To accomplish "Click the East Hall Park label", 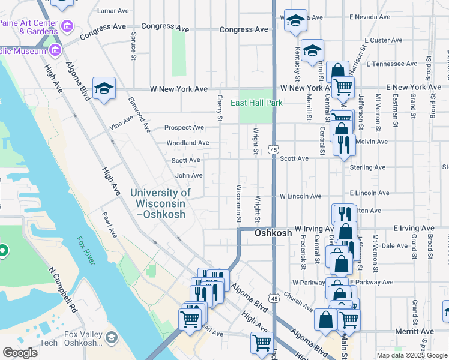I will coord(257,103).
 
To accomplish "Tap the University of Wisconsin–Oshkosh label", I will coord(160,203).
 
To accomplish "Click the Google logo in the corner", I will coord(20,353).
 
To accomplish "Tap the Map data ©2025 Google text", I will coord(411,355).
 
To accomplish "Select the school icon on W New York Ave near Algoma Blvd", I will coord(104,89).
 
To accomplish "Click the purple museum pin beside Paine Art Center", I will coord(67,26).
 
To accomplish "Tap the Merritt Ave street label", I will coord(414,331).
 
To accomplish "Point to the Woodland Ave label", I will coord(187,143).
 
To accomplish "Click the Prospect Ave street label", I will coord(185,127).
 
